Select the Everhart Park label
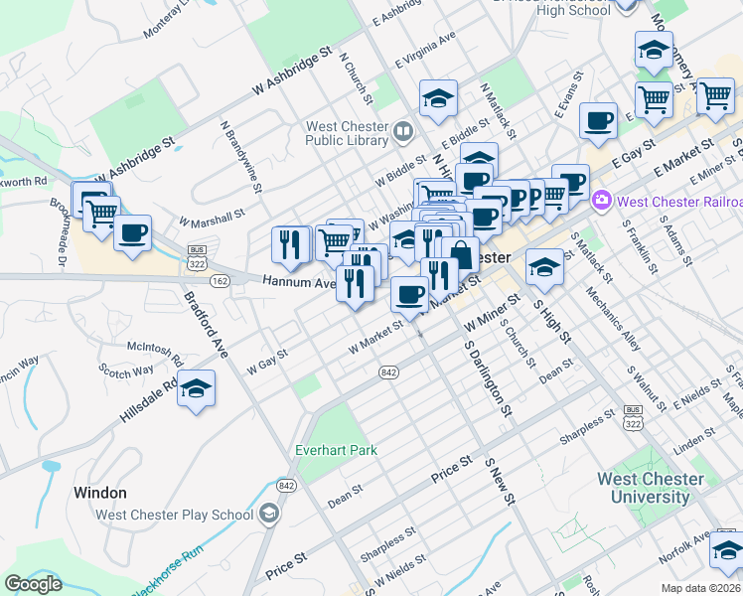[x=336, y=450]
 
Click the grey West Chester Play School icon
[x=269, y=515]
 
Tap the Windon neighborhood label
[x=99, y=493]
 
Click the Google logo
[x=34, y=584]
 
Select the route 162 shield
[x=220, y=282]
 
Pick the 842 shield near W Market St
[x=388, y=372]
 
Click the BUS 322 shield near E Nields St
[x=633, y=416]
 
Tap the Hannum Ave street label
[x=298, y=282]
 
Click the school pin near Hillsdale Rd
[x=196, y=388]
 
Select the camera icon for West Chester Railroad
[x=601, y=202]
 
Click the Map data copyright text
[x=701, y=588]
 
